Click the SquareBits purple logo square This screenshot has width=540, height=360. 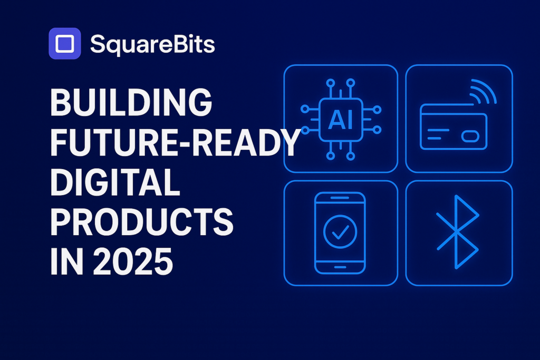64,43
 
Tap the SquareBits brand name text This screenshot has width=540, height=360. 152,45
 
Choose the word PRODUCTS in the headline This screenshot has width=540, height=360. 141,222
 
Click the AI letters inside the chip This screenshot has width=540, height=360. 340,120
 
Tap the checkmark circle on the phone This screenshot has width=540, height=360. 340,231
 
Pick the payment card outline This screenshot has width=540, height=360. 454,127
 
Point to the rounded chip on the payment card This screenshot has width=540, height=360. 470,137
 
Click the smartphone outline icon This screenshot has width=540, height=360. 340,232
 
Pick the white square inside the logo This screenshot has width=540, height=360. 64,43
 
